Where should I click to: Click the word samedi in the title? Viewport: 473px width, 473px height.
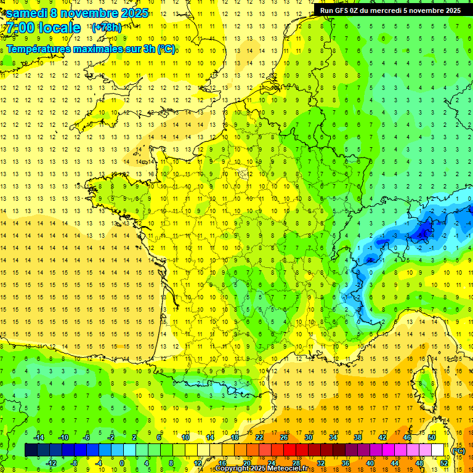27,13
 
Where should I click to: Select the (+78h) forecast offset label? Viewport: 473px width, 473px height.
106,28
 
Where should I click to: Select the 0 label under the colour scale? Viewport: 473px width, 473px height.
122,463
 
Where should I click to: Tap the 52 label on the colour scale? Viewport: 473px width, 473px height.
444,463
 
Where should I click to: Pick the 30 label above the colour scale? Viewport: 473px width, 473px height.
309,437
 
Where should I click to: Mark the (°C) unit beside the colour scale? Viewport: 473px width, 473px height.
458,451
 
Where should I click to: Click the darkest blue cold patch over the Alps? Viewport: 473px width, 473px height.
423,232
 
